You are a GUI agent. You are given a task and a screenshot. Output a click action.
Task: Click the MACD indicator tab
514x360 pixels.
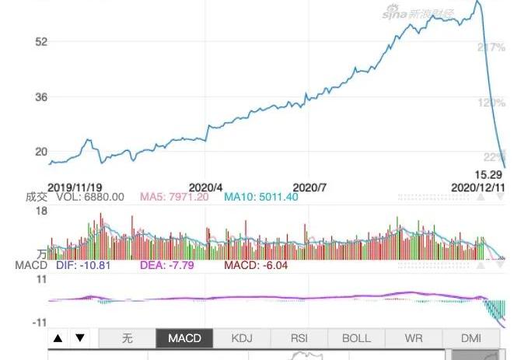184,338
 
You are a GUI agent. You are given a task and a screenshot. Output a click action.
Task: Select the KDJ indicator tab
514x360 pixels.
242,338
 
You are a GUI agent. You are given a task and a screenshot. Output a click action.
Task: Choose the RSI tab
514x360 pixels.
299,338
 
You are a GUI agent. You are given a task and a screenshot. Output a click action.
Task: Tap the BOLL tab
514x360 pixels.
356,338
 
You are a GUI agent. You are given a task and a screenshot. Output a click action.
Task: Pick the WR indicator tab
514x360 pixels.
414,338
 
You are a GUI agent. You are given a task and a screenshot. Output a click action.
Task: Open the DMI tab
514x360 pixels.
471,338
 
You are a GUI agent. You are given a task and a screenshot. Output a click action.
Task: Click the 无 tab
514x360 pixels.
128,338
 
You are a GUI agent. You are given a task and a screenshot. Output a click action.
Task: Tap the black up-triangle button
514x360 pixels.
58,338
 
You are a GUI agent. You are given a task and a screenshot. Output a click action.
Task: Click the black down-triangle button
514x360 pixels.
79,338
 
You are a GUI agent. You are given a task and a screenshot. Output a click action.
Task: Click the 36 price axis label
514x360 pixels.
41,97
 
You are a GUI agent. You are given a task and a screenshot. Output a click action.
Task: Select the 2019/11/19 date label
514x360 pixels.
75,187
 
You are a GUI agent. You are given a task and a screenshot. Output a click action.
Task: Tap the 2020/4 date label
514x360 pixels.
206,187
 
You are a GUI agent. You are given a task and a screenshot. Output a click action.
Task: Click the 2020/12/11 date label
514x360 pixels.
479,187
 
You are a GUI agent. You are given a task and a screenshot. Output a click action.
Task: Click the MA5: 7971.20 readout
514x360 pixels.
174,197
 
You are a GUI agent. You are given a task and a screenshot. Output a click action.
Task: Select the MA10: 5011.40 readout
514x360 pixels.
260,197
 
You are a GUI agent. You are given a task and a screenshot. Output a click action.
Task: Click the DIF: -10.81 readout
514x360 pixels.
83,265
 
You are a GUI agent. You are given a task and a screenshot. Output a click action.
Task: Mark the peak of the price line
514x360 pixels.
477,2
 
